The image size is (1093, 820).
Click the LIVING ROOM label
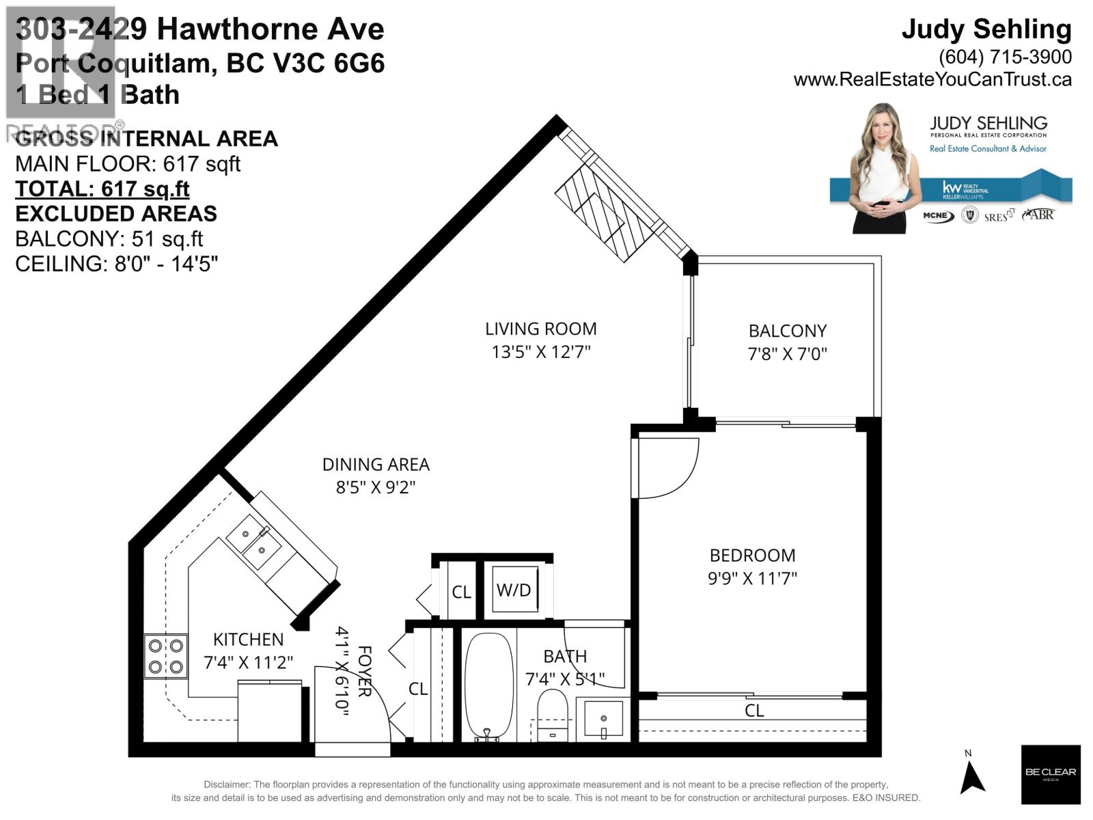[540, 329]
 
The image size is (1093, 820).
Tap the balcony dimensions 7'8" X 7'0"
[787, 354]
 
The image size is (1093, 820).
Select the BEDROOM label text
[752, 555]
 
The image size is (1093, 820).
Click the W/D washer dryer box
[514, 590]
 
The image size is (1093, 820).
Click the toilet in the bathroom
[552, 714]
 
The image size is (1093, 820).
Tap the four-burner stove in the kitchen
[165, 656]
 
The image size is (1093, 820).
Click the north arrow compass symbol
[972, 776]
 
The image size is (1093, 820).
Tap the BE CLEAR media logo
[1050, 774]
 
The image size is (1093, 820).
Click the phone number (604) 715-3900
[1005, 56]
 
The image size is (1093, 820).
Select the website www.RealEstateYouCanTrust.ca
[932, 79]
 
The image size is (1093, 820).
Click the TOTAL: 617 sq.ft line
[102, 189]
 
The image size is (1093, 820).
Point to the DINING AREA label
[376, 465]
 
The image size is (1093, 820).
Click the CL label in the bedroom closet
[753, 711]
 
